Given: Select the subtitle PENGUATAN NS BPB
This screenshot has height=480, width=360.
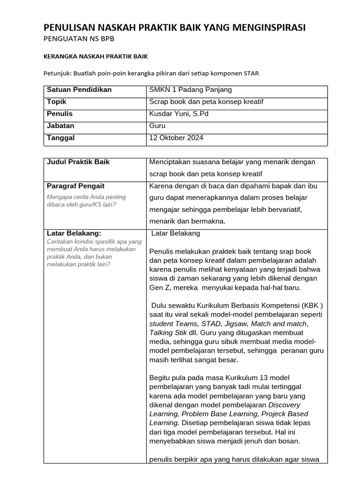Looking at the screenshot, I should pyautogui.click(x=79, y=39).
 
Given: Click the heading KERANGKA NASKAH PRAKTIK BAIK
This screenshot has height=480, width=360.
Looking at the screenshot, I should pyautogui.click(x=96, y=56).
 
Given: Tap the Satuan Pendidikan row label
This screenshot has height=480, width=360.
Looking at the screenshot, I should pyautogui.click(x=79, y=90).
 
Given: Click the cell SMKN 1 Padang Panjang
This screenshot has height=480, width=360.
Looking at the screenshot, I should pyautogui.click(x=190, y=90).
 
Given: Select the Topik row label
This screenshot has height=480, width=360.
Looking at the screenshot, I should pyautogui.click(x=56, y=102).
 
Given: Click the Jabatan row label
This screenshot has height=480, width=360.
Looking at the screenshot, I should pyautogui.click(x=60, y=126).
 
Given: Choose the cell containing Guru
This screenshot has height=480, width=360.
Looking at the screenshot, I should pyautogui.click(x=157, y=126).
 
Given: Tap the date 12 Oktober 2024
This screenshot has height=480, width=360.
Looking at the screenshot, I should pyautogui.click(x=176, y=138).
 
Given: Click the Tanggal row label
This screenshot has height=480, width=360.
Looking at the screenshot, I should pyautogui.click(x=60, y=138).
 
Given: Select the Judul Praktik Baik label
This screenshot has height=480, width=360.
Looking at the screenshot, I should pyautogui.click(x=78, y=162).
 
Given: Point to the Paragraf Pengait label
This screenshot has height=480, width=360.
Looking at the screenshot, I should pyautogui.click(x=75, y=186).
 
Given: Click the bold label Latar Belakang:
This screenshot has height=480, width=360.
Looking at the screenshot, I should pyautogui.click(x=74, y=233).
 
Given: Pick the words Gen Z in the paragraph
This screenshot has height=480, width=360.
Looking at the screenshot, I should pyautogui.click(x=160, y=287).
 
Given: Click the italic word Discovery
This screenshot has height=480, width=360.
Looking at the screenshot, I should pyautogui.click(x=285, y=405).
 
